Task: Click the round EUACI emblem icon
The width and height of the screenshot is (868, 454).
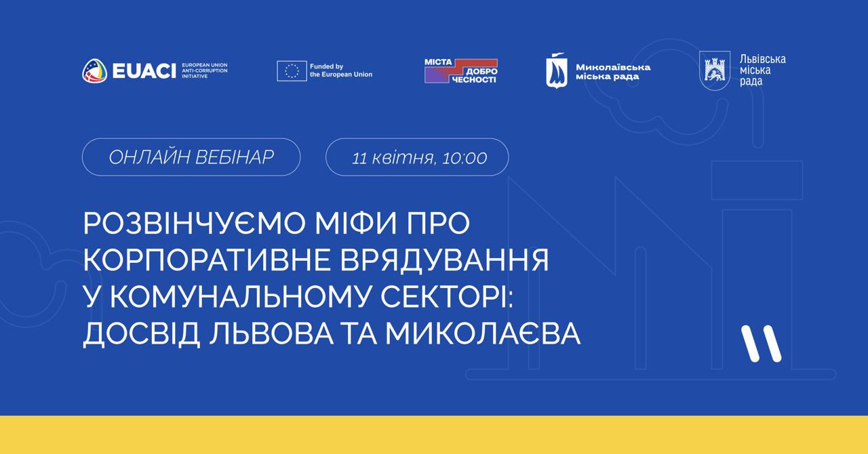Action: tap(94, 70)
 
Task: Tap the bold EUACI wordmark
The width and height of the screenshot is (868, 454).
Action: tap(144, 71)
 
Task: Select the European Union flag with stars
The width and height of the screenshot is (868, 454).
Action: tap(292, 71)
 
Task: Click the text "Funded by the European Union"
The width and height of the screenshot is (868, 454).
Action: tap(341, 70)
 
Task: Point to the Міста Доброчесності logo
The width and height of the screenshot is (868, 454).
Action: tap(461, 71)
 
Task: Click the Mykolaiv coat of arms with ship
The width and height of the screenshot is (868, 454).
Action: tap(557, 70)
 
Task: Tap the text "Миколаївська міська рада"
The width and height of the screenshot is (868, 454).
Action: tap(613, 72)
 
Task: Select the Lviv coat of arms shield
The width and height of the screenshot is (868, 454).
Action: tap(715, 70)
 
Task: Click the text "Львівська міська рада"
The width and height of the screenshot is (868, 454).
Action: tap(763, 70)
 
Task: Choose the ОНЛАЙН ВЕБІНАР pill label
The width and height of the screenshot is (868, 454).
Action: tap(191, 157)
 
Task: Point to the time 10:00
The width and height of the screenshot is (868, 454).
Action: tap(465, 158)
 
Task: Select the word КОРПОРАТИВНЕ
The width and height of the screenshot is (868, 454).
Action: tap(207, 260)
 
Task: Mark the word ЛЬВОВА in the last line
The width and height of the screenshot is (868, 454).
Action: tap(271, 333)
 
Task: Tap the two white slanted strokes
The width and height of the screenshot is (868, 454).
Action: tap(762, 344)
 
